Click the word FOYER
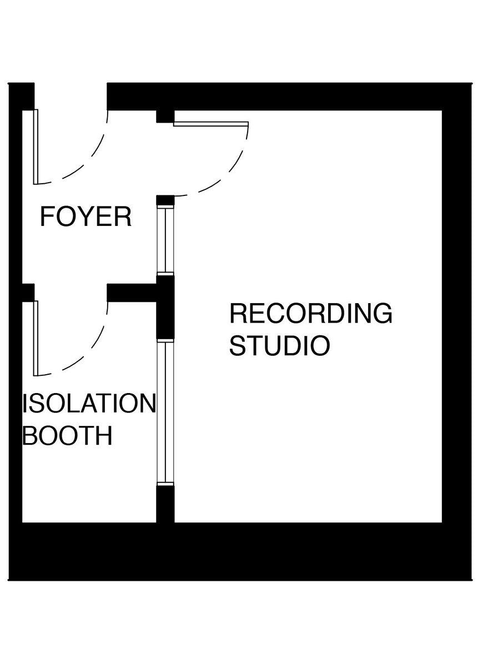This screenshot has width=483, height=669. (85, 217)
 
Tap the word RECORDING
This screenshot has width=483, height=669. (310, 314)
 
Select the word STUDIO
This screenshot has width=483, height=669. (279, 345)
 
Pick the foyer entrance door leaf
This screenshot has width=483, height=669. (36, 147)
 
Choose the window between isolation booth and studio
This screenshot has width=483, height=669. (165, 414)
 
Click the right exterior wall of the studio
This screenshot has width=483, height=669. (456, 316)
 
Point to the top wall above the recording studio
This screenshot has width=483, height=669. (289, 97)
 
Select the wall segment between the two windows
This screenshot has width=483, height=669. (165, 308)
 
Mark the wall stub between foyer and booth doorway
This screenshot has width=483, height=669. (131, 293)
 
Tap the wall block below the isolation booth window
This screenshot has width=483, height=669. (165, 504)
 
